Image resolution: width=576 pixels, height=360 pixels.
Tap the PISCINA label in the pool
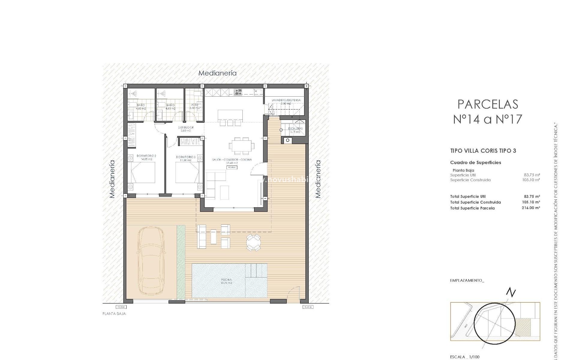click(226, 280)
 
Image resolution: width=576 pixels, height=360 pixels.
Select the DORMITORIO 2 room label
click(146, 156)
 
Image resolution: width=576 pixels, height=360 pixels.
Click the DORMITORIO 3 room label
click(186, 157)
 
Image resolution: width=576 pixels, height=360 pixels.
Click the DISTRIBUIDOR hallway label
click(187, 127)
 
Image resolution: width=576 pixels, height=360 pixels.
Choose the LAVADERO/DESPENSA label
click(286, 100)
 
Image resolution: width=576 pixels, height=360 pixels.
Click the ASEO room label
click(194, 105)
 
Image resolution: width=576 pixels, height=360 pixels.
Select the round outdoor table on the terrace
click(253, 242)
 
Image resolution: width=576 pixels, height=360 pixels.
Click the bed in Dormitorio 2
click(143, 172)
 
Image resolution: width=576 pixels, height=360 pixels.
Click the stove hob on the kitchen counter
click(238, 92)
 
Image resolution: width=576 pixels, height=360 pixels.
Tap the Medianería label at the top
click(217, 73)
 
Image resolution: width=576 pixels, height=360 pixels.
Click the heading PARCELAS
click(488, 104)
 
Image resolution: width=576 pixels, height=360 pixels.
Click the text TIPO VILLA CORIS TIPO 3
click(483, 151)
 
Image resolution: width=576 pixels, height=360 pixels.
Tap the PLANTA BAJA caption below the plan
click(114, 314)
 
